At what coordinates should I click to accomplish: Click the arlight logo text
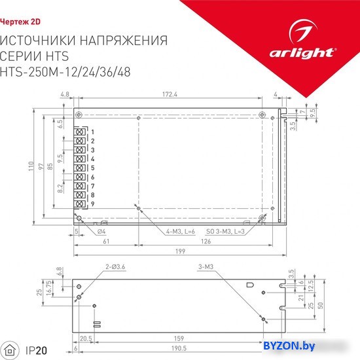(302, 53)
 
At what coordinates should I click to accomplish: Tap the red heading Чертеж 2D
(20, 22)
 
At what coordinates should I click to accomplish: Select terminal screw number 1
(79, 132)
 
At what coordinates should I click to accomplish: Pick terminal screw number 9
(79, 204)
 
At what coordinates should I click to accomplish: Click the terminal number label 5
(92, 168)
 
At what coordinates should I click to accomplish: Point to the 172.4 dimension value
(170, 94)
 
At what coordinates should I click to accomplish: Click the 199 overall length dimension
(180, 251)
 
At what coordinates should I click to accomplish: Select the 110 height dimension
(31, 166)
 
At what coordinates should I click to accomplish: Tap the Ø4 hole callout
(101, 232)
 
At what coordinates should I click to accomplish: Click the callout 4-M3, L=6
(181, 232)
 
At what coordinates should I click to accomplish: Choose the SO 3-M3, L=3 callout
(225, 232)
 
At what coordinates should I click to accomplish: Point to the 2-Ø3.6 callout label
(115, 267)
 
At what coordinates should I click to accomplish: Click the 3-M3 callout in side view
(206, 267)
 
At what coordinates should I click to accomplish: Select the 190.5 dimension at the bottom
(179, 348)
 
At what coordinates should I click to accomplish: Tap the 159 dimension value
(179, 338)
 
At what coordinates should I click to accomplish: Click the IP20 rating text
(36, 351)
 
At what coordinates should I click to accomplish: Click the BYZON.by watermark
(289, 346)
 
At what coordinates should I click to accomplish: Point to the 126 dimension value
(206, 242)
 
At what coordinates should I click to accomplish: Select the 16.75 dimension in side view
(49, 289)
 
